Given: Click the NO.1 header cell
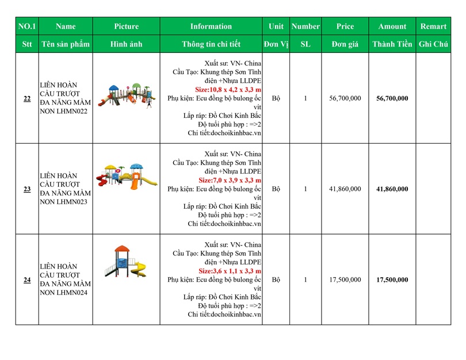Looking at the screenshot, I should point(27,26).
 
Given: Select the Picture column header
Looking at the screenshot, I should point(127,26).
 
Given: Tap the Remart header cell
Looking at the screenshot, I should point(433,26).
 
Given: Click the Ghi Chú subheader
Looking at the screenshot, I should point(433,44).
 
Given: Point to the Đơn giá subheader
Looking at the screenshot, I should point(345,44).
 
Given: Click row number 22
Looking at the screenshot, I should point(27,98).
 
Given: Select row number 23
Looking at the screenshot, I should point(27,189).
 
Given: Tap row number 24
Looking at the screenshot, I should point(27,279).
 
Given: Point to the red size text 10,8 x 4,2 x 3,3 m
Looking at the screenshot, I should point(228,90).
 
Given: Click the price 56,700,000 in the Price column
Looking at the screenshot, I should point(345,98).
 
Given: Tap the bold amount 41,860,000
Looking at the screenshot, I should point(392,189).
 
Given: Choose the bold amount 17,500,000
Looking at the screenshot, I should point(392,279).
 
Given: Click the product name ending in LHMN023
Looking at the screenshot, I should point(65,189).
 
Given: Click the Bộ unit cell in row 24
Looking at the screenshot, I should point(276,279).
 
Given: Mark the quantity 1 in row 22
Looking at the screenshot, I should point(305,98).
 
